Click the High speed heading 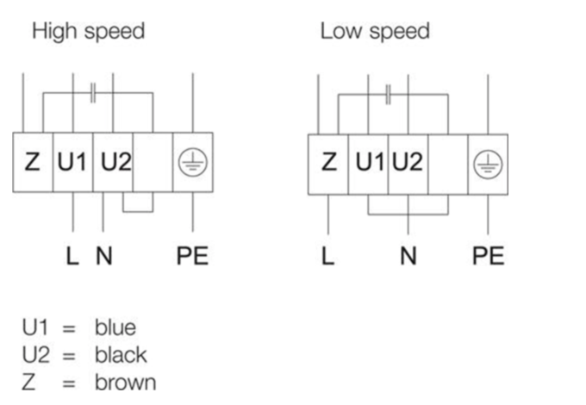click(x=87, y=33)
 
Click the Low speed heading click(x=374, y=33)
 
